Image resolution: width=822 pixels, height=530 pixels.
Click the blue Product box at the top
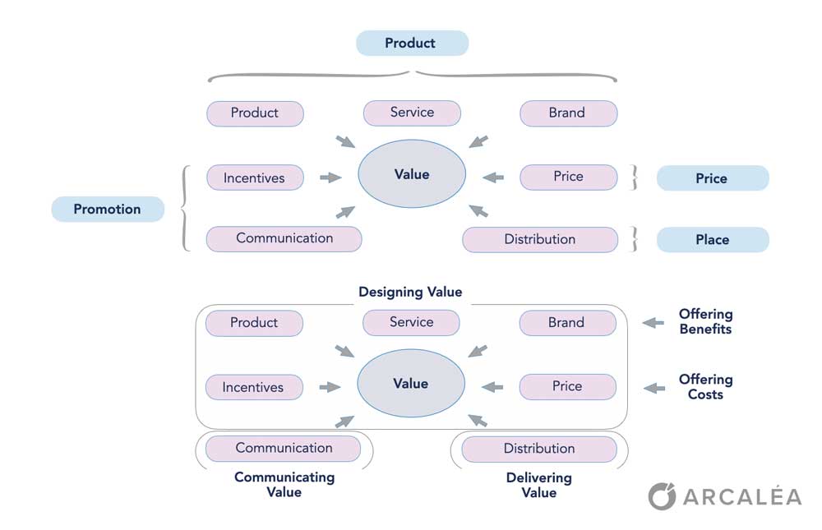(412, 43)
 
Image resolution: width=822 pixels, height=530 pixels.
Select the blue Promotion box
(107, 209)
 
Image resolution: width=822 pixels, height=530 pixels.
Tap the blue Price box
(712, 178)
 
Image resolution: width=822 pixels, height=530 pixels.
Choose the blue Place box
(712, 239)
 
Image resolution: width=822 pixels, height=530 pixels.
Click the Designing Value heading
(410, 292)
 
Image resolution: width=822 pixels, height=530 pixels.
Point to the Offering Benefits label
(705, 321)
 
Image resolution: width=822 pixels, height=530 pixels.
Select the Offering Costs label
(705, 387)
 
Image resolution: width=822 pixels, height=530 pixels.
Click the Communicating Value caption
(284, 484)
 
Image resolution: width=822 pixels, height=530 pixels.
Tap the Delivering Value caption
(538, 485)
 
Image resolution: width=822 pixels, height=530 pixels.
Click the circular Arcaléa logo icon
(662, 496)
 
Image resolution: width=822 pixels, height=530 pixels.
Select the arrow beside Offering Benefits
(653, 323)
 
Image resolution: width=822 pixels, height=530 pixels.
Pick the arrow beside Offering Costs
(653, 388)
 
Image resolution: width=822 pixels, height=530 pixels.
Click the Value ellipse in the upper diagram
(412, 174)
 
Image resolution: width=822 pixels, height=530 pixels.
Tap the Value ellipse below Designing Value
(411, 384)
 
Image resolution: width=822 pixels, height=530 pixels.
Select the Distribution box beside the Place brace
(539, 239)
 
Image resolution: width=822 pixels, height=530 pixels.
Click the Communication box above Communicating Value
(284, 448)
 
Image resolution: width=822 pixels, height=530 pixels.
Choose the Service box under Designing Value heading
(411, 322)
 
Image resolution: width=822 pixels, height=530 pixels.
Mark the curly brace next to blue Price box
(634, 177)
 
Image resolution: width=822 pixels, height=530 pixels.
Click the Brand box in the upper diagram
(567, 113)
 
